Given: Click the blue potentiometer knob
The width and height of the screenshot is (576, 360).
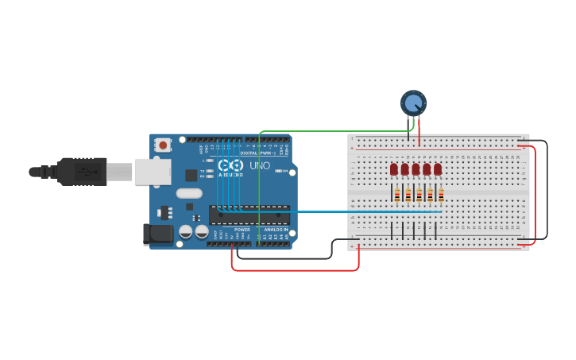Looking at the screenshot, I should [413, 103].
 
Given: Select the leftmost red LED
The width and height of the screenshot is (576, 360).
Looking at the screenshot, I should [394, 169].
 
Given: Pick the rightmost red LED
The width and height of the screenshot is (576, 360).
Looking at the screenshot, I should [438, 169].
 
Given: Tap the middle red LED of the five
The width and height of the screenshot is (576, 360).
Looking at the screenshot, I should [416, 169].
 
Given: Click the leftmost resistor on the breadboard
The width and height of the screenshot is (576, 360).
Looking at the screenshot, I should [396, 195].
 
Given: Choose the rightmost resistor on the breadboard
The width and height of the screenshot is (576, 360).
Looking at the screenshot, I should [441, 195].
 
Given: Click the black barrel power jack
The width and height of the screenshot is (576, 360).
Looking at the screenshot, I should [157, 234].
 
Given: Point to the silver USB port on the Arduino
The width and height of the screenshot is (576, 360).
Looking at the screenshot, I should [152, 172].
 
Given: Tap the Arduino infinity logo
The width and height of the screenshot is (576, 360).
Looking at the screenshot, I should [230, 166].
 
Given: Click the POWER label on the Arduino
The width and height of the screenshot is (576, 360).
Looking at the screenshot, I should [242, 230].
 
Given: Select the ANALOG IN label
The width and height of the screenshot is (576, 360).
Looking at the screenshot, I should [276, 230].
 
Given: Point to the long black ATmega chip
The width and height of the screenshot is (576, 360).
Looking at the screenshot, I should [249, 215].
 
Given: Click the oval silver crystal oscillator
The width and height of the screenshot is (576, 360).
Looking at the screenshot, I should [189, 193].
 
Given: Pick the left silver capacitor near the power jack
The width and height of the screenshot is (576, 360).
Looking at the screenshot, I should [186, 231].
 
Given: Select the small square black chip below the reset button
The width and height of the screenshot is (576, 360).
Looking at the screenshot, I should [191, 175].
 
